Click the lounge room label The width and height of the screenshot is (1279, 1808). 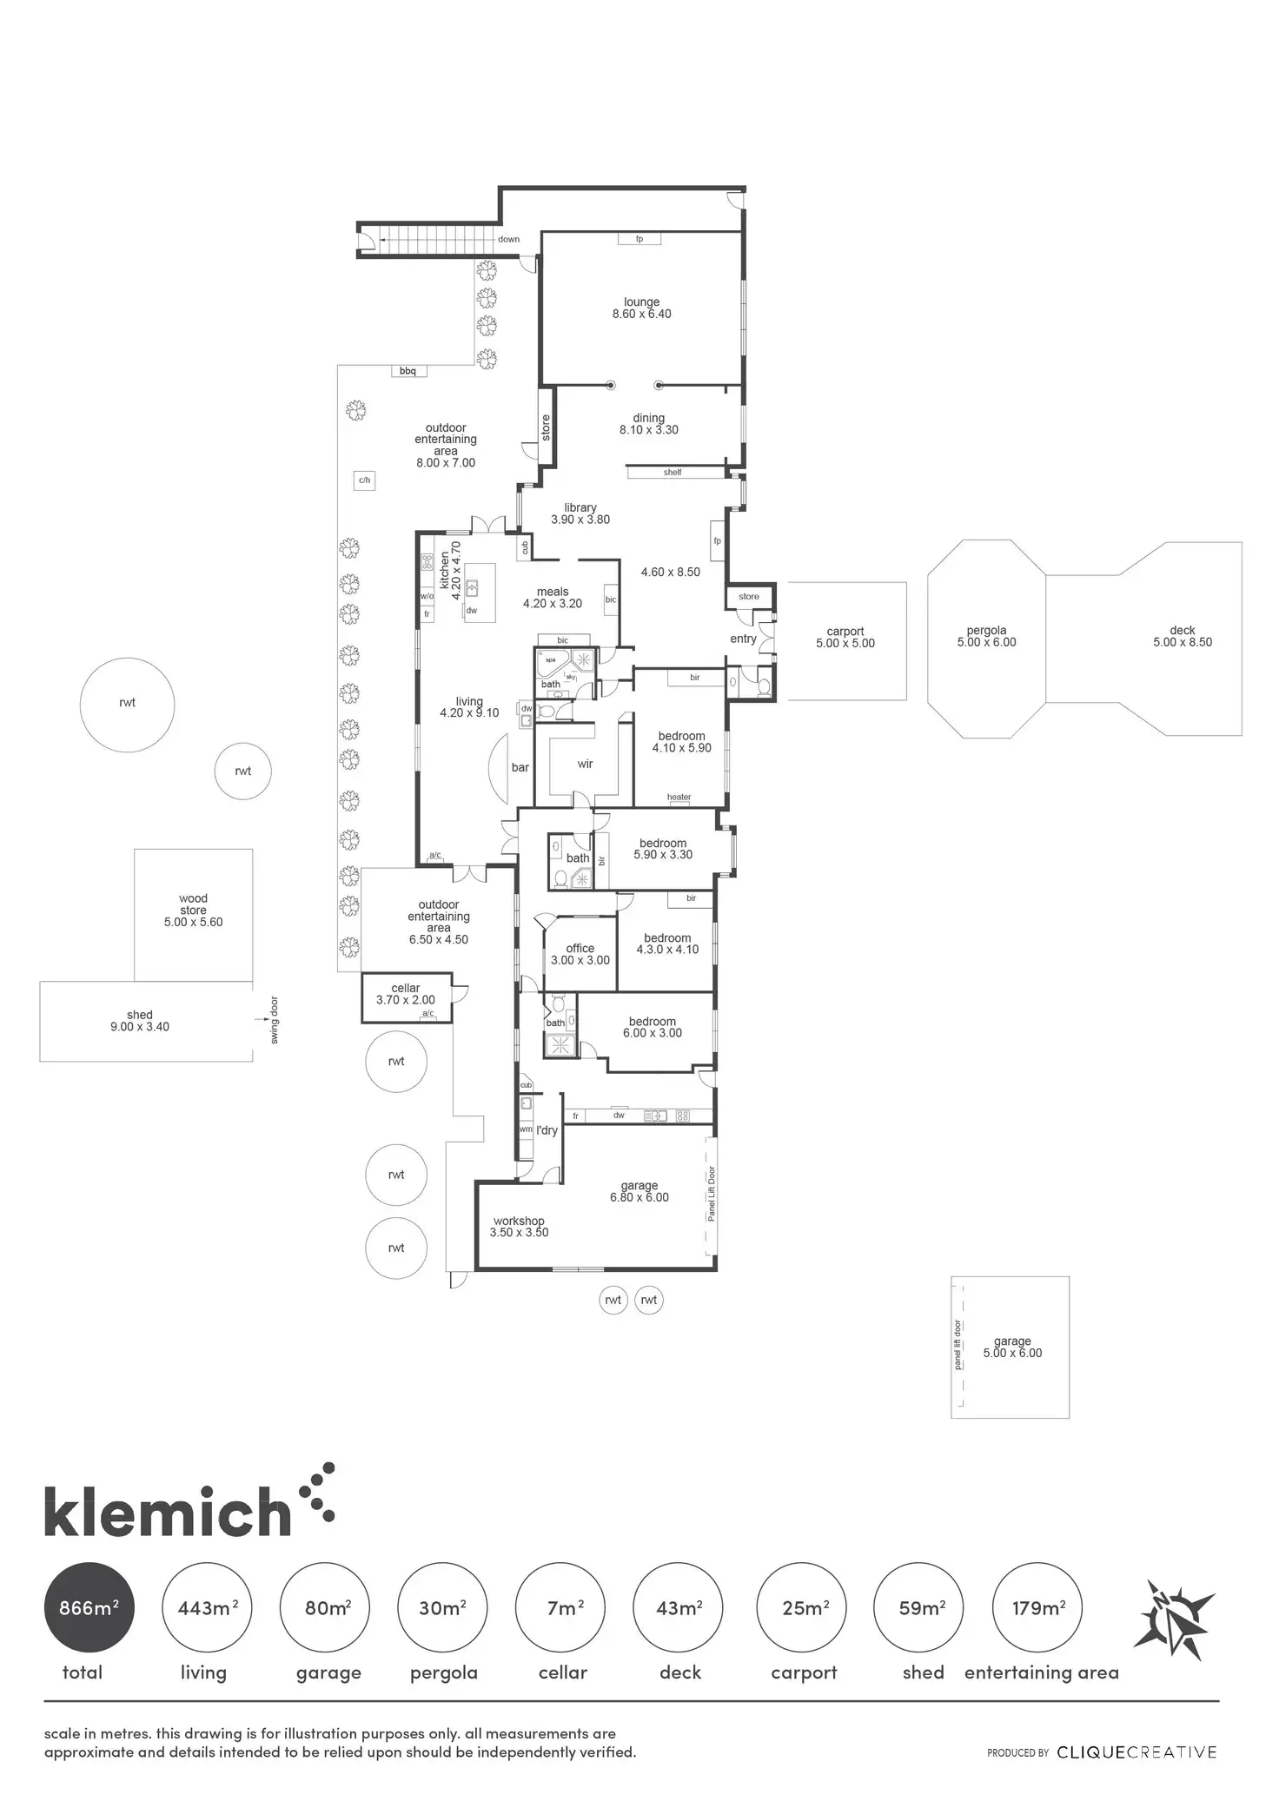641,308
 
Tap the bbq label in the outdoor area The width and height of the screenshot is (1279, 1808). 408,371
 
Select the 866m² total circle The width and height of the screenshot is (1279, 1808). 89,1607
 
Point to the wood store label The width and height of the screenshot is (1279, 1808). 193,911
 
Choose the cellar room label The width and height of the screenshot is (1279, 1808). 406,994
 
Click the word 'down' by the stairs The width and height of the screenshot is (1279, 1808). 508,240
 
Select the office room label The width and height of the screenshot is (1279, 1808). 580,954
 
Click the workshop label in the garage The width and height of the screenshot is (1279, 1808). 519,1227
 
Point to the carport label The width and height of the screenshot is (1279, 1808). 845,638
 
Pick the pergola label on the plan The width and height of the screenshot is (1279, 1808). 986,636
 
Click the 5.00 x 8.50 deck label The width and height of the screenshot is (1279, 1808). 1183,636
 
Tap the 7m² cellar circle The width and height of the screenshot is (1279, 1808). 560,1607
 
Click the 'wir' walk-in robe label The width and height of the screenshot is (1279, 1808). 585,764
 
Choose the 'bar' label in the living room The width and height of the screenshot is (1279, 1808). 520,767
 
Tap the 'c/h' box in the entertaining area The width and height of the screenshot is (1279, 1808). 365,480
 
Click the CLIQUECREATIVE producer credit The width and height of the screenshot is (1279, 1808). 1137,1752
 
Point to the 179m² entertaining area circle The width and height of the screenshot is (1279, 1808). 1037,1607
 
